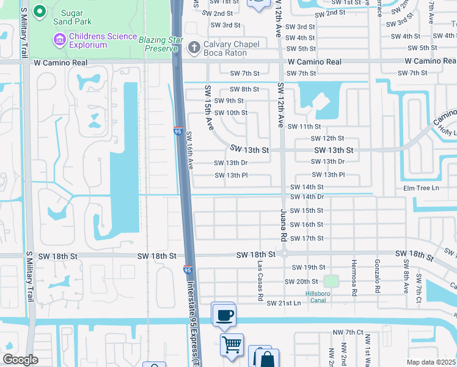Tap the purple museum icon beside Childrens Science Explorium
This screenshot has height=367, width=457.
click(x=59, y=40)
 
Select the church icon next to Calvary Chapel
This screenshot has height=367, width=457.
click(x=194, y=48)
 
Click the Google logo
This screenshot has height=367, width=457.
click(x=20, y=360)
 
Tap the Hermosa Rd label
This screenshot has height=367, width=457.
click(x=353, y=281)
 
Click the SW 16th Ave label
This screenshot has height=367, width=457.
click(x=189, y=150)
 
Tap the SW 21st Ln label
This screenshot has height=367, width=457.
click(x=284, y=303)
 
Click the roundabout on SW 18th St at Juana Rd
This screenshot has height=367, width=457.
click(x=284, y=253)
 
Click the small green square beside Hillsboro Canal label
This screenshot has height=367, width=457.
click(x=331, y=281)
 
